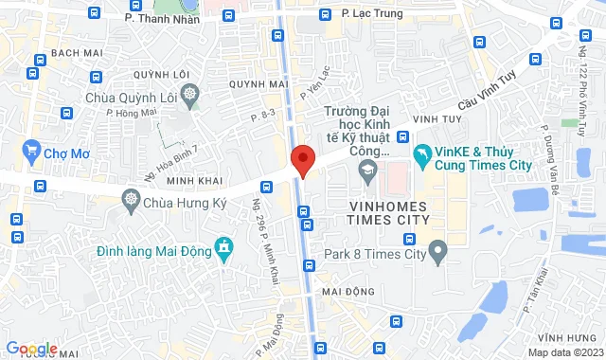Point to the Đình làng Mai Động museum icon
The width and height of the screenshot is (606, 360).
[x=223, y=249]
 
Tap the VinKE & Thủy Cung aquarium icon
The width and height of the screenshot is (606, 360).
[x=420, y=153]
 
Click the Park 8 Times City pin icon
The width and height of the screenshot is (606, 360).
[x=437, y=251]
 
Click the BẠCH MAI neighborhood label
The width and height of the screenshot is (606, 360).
[x=77, y=52]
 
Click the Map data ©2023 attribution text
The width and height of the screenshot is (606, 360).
[x=563, y=352]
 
